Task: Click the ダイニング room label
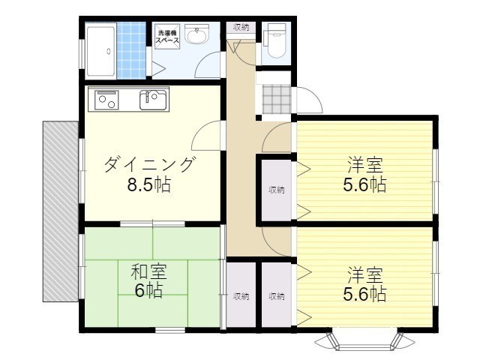(x=150, y=164)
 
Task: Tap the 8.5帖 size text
(x=148, y=184)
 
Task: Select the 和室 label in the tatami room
(x=149, y=271)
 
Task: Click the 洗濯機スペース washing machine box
(x=167, y=37)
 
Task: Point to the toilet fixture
(x=275, y=40)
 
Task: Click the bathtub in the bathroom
(x=100, y=51)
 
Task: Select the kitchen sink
(x=153, y=100)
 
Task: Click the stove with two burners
(x=106, y=100)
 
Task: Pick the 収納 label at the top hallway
(x=241, y=27)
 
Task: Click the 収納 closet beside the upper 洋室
(x=277, y=190)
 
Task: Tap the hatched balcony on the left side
(x=61, y=211)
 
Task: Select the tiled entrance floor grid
(x=277, y=98)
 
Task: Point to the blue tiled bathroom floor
(x=131, y=50)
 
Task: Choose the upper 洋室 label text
(x=365, y=164)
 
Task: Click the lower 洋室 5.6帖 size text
(x=364, y=294)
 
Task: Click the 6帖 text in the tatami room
(x=149, y=290)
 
